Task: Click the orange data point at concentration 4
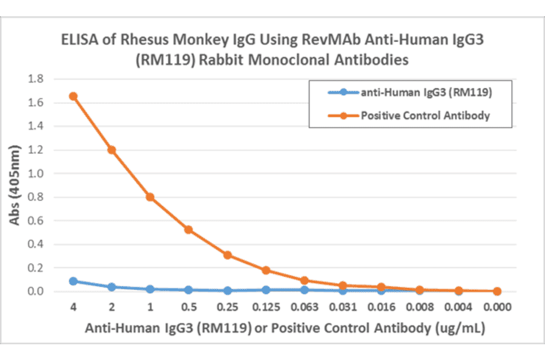(x=73, y=96)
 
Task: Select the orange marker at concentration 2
(x=111, y=150)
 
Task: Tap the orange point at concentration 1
(x=150, y=197)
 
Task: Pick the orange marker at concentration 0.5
(x=188, y=230)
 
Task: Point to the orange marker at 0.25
(x=227, y=255)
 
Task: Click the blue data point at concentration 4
(x=73, y=281)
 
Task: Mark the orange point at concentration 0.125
(x=266, y=270)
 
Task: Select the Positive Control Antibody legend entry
(x=425, y=115)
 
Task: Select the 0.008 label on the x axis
(x=420, y=307)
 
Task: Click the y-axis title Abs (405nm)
(x=16, y=185)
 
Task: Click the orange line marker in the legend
(x=343, y=115)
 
